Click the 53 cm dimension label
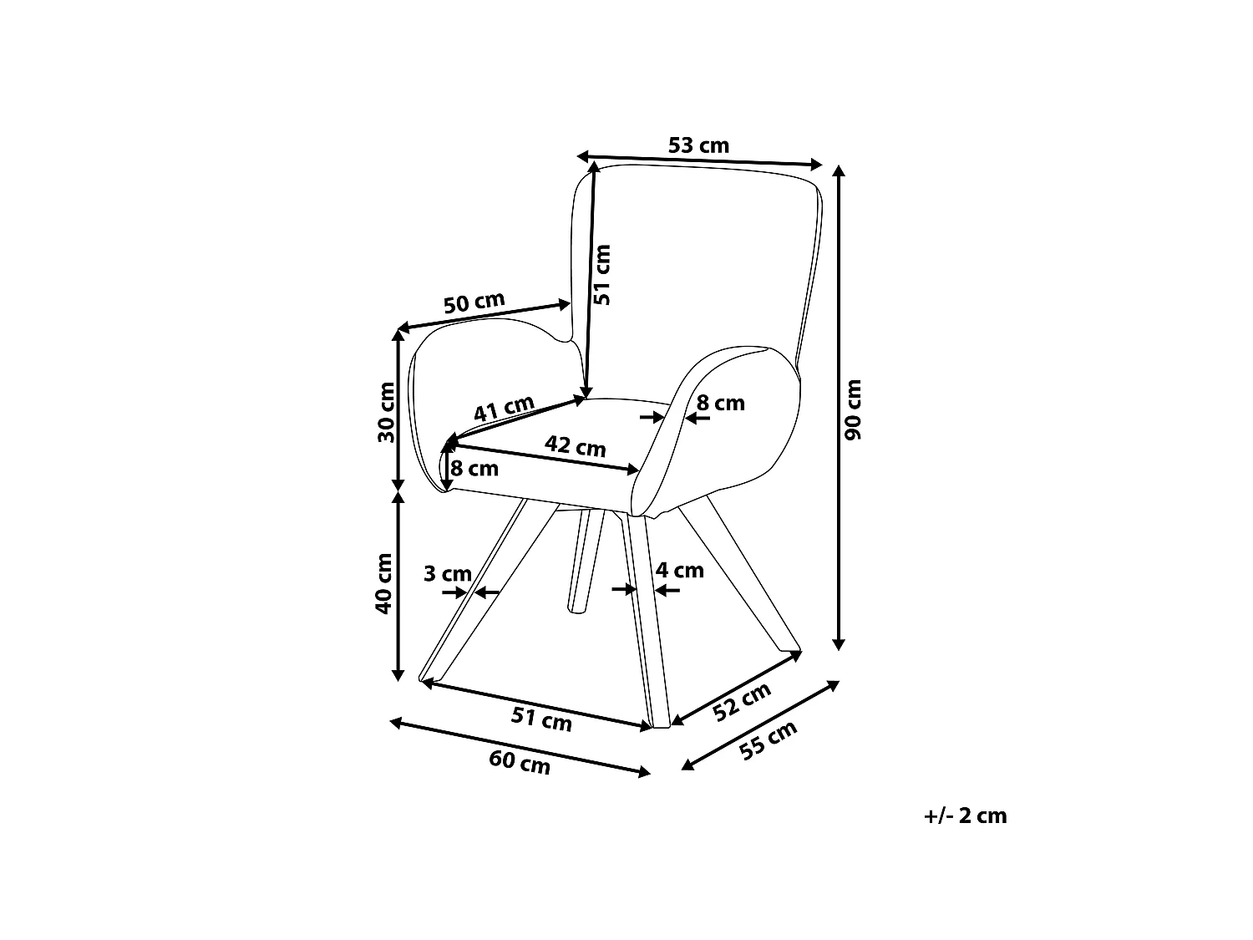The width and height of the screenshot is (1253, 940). tap(698, 145)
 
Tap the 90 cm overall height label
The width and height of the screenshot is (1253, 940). tap(853, 409)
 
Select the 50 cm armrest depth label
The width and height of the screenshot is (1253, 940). tap(474, 302)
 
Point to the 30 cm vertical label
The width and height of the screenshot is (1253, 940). tap(387, 412)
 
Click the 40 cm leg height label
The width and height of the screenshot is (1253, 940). tap(383, 583)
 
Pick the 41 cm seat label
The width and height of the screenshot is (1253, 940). tap(504, 408)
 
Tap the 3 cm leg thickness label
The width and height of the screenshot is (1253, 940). tap(448, 573)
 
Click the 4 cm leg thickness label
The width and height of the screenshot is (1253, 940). tap(679, 570)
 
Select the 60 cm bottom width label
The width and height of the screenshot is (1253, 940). tap(520, 763)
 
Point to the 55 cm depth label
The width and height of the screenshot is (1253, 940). tap(768, 740)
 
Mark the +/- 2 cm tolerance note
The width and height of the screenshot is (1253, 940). tap(966, 816)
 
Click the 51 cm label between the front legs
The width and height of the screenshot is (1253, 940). tap(541, 719)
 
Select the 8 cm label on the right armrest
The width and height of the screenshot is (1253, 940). tap(720, 403)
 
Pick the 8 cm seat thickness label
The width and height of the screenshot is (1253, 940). tap(474, 469)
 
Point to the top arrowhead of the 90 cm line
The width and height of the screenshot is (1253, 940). tap(838, 170)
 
